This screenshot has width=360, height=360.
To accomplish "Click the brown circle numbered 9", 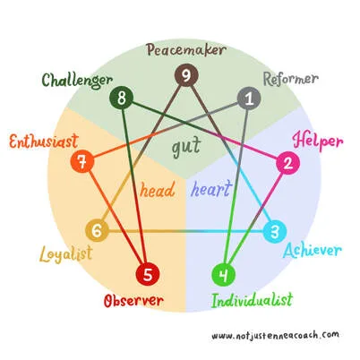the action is click(x=186, y=75).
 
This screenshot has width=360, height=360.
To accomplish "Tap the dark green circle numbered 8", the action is click(x=122, y=98).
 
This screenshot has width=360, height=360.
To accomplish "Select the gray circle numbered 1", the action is click(x=249, y=99).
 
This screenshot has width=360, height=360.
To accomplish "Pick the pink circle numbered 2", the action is click(x=287, y=164).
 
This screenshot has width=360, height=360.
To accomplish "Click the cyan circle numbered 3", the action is click(x=275, y=231).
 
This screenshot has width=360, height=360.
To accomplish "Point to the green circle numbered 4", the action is click(x=224, y=275).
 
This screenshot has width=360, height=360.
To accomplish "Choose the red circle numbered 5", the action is click(x=148, y=274).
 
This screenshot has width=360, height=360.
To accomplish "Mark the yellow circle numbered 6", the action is click(x=97, y=231).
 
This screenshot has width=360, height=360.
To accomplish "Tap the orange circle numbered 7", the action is click(x=82, y=162).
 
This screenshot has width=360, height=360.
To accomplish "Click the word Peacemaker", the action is click(x=186, y=50).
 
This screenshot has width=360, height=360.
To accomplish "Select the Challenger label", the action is click(x=77, y=81).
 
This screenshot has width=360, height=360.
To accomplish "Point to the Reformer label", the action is click(x=291, y=79).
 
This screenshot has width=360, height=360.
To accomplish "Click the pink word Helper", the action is click(x=318, y=141).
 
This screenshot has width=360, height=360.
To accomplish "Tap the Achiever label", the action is click(x=313, y=250).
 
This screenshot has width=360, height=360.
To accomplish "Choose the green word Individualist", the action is click(x=252, y=300).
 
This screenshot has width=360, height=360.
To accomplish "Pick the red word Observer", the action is click(x=133, y=301).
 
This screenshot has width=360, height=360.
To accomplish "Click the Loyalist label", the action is click(x=66, y=254).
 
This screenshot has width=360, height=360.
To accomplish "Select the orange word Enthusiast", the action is click(x=44, y=141).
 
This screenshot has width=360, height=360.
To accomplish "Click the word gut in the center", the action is click(x=186, y=147).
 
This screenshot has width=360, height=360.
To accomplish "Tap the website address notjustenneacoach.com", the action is click(x=275, y=335).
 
